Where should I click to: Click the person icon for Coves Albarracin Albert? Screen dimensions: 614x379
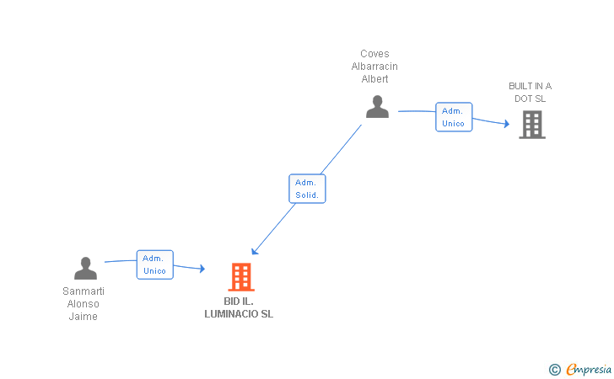pos(378,106)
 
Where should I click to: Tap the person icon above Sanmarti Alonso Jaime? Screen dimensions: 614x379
pos(85,269)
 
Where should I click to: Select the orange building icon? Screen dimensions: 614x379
pos(241,277)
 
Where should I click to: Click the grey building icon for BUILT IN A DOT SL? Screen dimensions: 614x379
pos(532,125)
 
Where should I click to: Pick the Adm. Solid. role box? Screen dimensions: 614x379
pos(307,189)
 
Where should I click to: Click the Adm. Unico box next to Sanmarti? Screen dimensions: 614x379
pos(155,264)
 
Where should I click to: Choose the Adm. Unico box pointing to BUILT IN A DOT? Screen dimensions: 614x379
pos(454,117)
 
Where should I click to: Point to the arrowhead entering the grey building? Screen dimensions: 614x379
pos(507,124)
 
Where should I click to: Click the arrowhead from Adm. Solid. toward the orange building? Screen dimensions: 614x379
pos(255,251)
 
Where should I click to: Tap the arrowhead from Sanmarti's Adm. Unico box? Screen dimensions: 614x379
pos(202,269)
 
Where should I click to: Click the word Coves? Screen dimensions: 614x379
pos(374,54)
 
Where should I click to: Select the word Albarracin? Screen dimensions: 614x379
pos(374,67)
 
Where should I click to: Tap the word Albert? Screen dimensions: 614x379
pos(374,79)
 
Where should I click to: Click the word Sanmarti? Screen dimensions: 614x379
pos(83,291)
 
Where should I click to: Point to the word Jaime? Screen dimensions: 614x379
pos(83,317)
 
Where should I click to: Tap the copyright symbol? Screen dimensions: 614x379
pos(555,370)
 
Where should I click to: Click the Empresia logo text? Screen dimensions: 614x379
pos(589,370)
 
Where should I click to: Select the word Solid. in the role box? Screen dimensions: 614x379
pos(307,195)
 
